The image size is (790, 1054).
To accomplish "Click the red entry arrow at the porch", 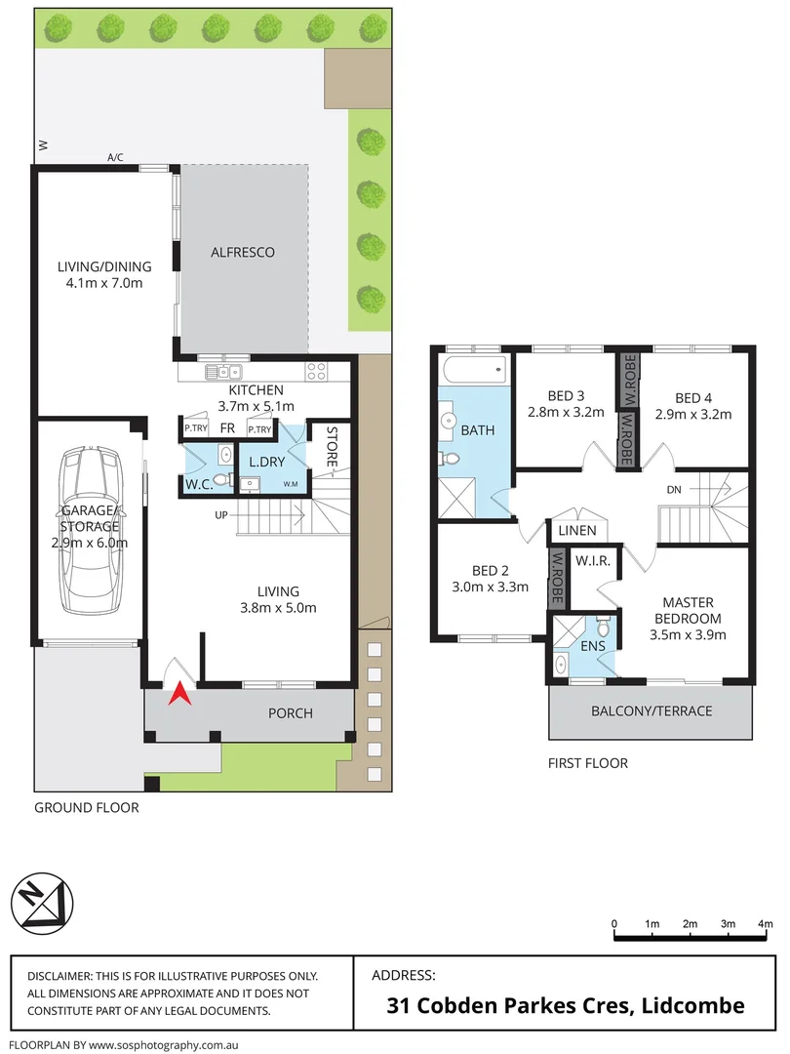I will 179,694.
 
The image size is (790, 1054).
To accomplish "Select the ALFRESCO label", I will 243,252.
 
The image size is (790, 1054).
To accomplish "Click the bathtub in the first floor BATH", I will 473,369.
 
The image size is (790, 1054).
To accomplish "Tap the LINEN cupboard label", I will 577,531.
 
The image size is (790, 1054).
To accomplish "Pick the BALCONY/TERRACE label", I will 652,710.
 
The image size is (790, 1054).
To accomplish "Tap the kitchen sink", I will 224,371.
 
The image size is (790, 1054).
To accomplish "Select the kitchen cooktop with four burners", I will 317,371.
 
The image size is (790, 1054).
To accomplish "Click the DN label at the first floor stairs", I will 673,489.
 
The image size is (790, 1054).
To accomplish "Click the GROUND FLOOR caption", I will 87,807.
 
